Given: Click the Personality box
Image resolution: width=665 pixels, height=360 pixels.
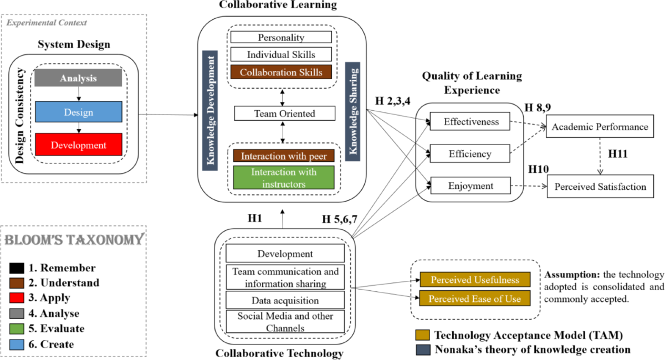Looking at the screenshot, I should point(281,38).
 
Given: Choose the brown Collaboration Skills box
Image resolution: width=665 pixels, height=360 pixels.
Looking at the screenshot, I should point(281,72).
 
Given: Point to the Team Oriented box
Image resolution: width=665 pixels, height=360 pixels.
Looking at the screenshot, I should point(284,114).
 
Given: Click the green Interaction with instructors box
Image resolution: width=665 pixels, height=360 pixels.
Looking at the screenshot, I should point(284,178).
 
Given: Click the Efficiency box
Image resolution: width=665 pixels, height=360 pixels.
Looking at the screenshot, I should point(470,153).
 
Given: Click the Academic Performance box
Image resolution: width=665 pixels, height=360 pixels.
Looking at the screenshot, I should point(599,127).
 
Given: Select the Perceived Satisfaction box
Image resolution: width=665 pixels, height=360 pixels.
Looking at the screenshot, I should point(600,187).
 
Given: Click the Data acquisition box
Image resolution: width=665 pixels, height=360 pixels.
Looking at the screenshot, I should point(285,300).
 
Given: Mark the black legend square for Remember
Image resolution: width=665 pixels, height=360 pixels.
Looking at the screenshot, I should point(16,268).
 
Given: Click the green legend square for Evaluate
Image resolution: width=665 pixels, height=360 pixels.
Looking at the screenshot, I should point(16,328).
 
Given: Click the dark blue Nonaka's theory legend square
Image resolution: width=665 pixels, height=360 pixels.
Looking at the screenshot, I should point(422,349).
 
